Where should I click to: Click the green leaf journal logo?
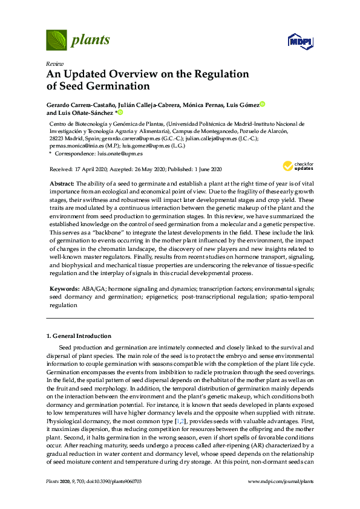[57, 41]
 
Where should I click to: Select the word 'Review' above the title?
[54, 63]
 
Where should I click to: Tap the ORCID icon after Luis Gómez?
[263, 105]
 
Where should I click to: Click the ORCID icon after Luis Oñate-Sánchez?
[120, 112]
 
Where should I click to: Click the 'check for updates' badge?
[296, 166]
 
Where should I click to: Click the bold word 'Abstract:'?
[62, 183]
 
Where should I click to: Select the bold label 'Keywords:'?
[64, 289]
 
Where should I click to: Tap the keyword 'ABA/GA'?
[93, 289]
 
